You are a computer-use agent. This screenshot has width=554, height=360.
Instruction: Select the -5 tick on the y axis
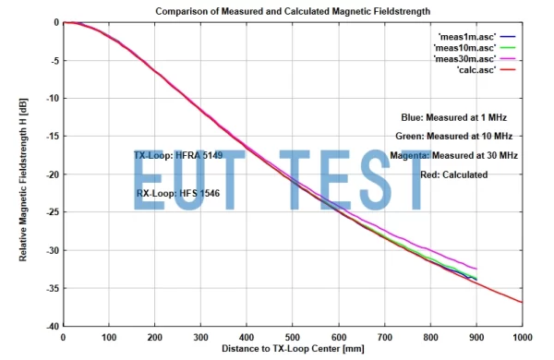pyautogui.click(x=54, y=60)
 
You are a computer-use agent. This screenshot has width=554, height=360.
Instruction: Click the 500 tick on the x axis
pyautogui.click(x=293, y=337)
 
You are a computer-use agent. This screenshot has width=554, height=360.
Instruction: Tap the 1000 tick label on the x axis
pyautogui.click(x=522, y=337)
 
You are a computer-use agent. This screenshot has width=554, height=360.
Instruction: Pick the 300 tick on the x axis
pyautogui.click(x=200, y=337)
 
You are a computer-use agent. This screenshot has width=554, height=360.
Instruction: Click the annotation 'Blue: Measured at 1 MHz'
pyautogui.click(x=453, y=117)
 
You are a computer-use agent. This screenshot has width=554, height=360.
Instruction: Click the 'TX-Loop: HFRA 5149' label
pyautogui.click(x=178, y=155)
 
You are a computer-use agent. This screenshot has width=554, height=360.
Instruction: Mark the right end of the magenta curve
pyautogui.click(x=476, y=269)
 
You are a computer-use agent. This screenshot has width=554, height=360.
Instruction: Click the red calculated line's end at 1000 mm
pyautogui.click(x=523, y=303)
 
